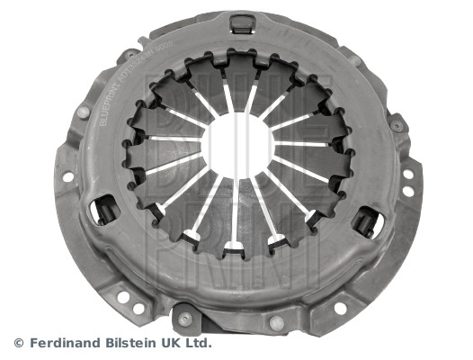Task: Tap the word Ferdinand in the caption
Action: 65,343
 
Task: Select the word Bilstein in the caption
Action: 132,343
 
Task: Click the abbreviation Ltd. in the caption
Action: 201,343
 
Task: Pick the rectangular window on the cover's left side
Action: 106,210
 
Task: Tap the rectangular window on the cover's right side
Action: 368,220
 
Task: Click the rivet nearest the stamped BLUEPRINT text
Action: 83,113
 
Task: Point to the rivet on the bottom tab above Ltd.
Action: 184,319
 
